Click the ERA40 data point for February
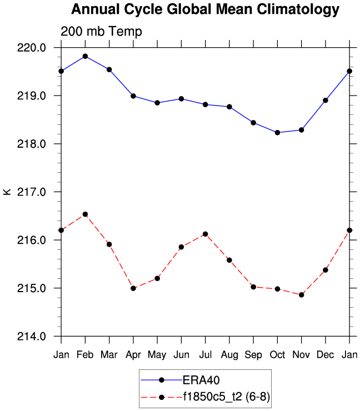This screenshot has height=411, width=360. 85,56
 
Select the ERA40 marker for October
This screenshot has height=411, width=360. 277,133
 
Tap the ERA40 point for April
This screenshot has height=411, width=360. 133,96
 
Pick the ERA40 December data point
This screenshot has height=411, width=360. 326,101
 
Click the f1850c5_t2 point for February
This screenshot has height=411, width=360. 85,214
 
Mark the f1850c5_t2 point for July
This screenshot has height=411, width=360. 206,234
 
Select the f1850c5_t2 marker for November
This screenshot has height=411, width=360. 302,295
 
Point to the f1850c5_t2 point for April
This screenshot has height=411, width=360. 133,288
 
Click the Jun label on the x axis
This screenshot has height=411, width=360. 181,355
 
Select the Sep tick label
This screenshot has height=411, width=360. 253,355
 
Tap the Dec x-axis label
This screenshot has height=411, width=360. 326,355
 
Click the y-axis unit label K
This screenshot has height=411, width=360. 7,192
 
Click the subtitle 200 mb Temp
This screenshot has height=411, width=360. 101,32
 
